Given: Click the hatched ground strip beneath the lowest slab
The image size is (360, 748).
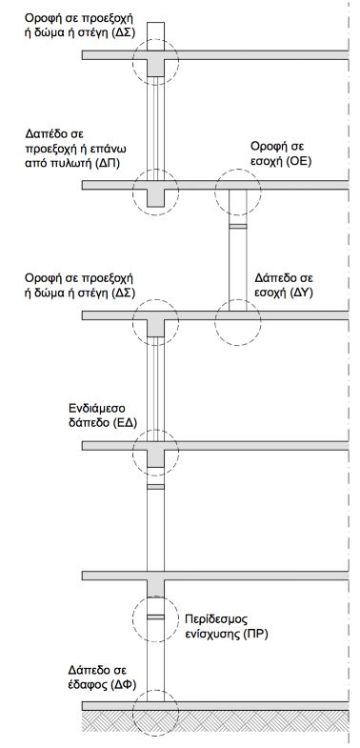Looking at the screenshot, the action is coord(215,720).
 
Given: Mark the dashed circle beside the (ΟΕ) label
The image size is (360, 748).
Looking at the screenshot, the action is coord(238,169).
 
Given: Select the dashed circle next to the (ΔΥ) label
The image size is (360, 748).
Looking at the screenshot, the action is coord(238,299).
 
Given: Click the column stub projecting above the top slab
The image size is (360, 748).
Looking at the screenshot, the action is coord(155,36).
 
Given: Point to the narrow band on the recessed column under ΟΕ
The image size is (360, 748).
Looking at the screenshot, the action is coord(238,226).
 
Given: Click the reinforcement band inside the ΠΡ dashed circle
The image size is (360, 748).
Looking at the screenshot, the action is coord(155,617).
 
